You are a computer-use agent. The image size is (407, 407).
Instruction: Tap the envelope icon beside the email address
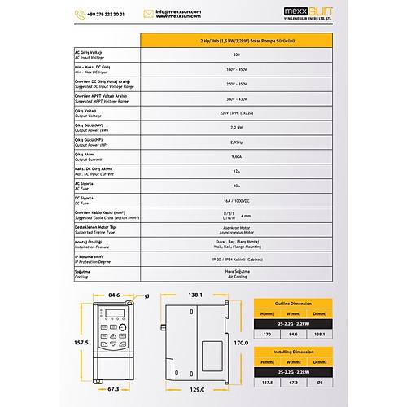pos(148,13)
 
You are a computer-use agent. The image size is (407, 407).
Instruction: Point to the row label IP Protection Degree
pos(93,262)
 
